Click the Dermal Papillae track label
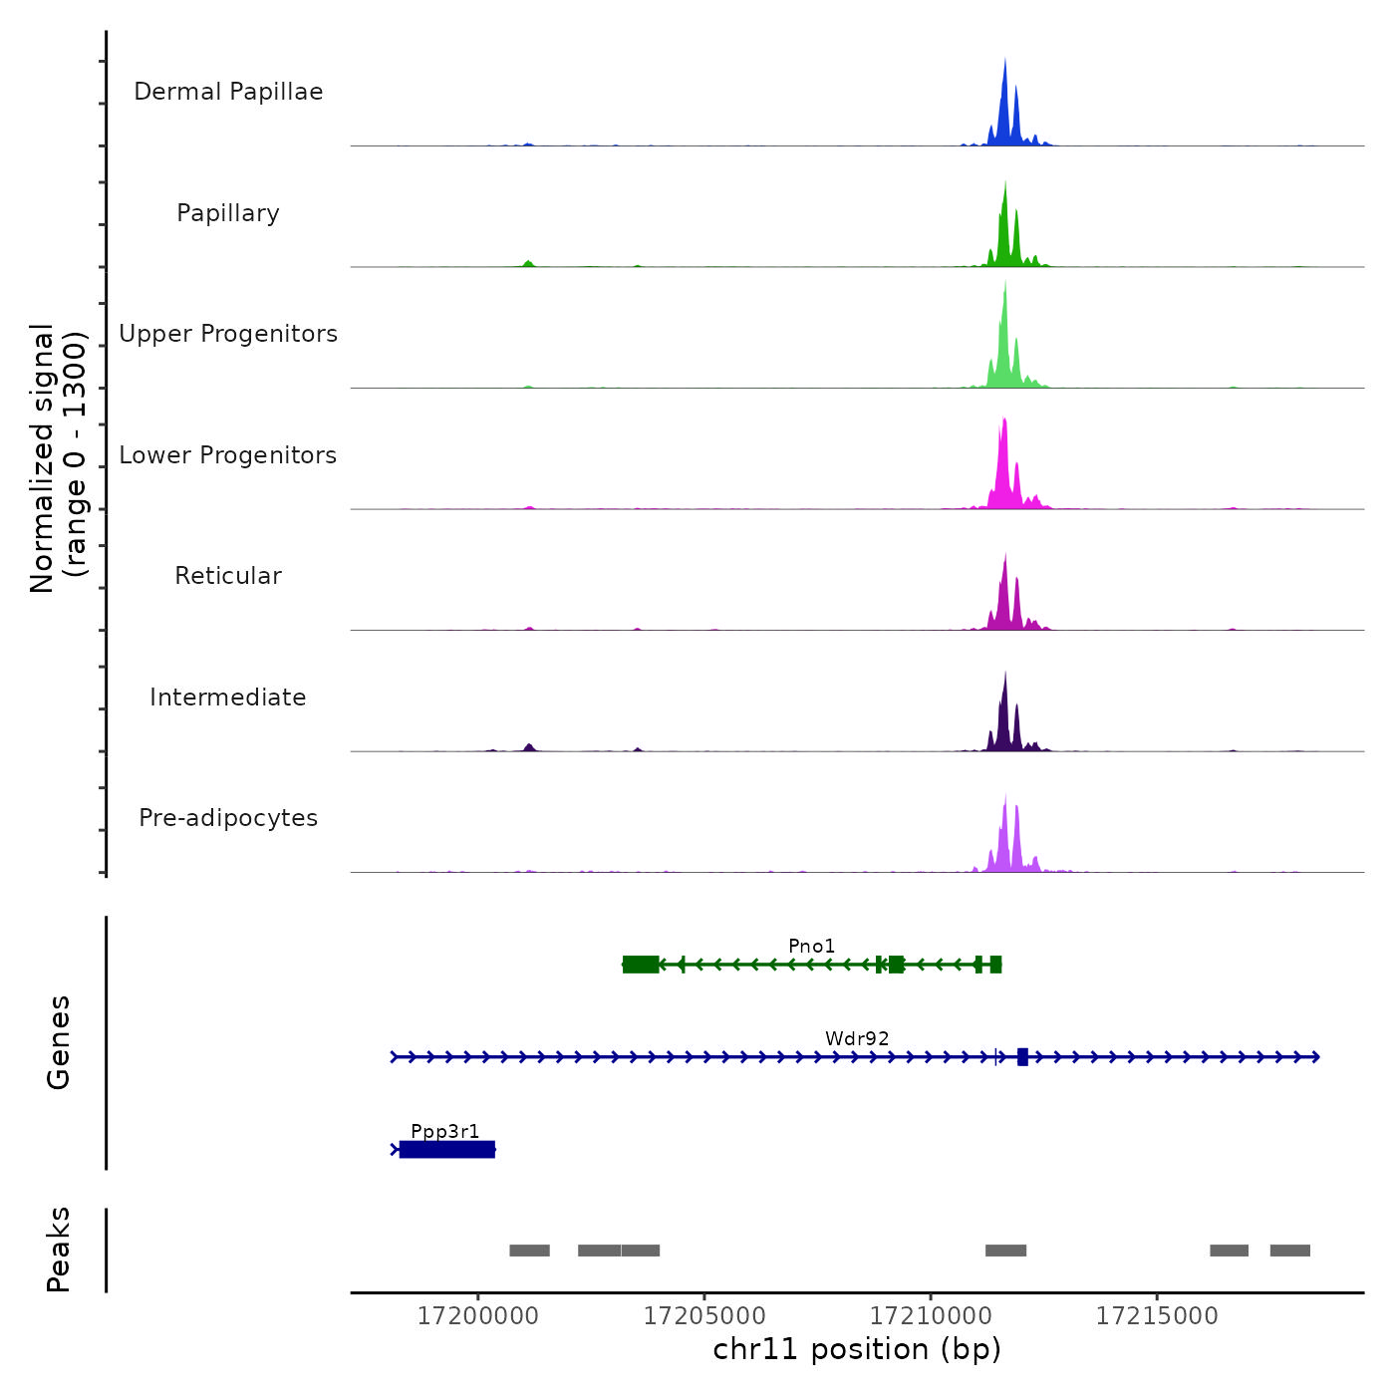coord(228,92)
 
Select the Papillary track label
coord(228,213)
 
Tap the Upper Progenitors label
coord(228,334)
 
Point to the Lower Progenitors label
coord(228,455)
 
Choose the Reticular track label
coord(228,576)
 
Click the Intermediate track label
coord(228,697)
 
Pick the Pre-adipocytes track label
coord(228,818)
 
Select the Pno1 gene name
coord(811,946)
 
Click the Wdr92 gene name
coord(857,1038)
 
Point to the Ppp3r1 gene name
coord(445,1131)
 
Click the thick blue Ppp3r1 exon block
coord(447,1150)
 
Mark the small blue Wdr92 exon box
coord(1022,1057)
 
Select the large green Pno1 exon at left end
coord(641,965)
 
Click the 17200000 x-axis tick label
coord(478,1316)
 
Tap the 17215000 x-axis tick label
coord(1157,1316)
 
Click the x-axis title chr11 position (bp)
coord(857,1349)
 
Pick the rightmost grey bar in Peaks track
coord(1289,1251)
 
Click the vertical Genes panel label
coord(59,1042)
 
